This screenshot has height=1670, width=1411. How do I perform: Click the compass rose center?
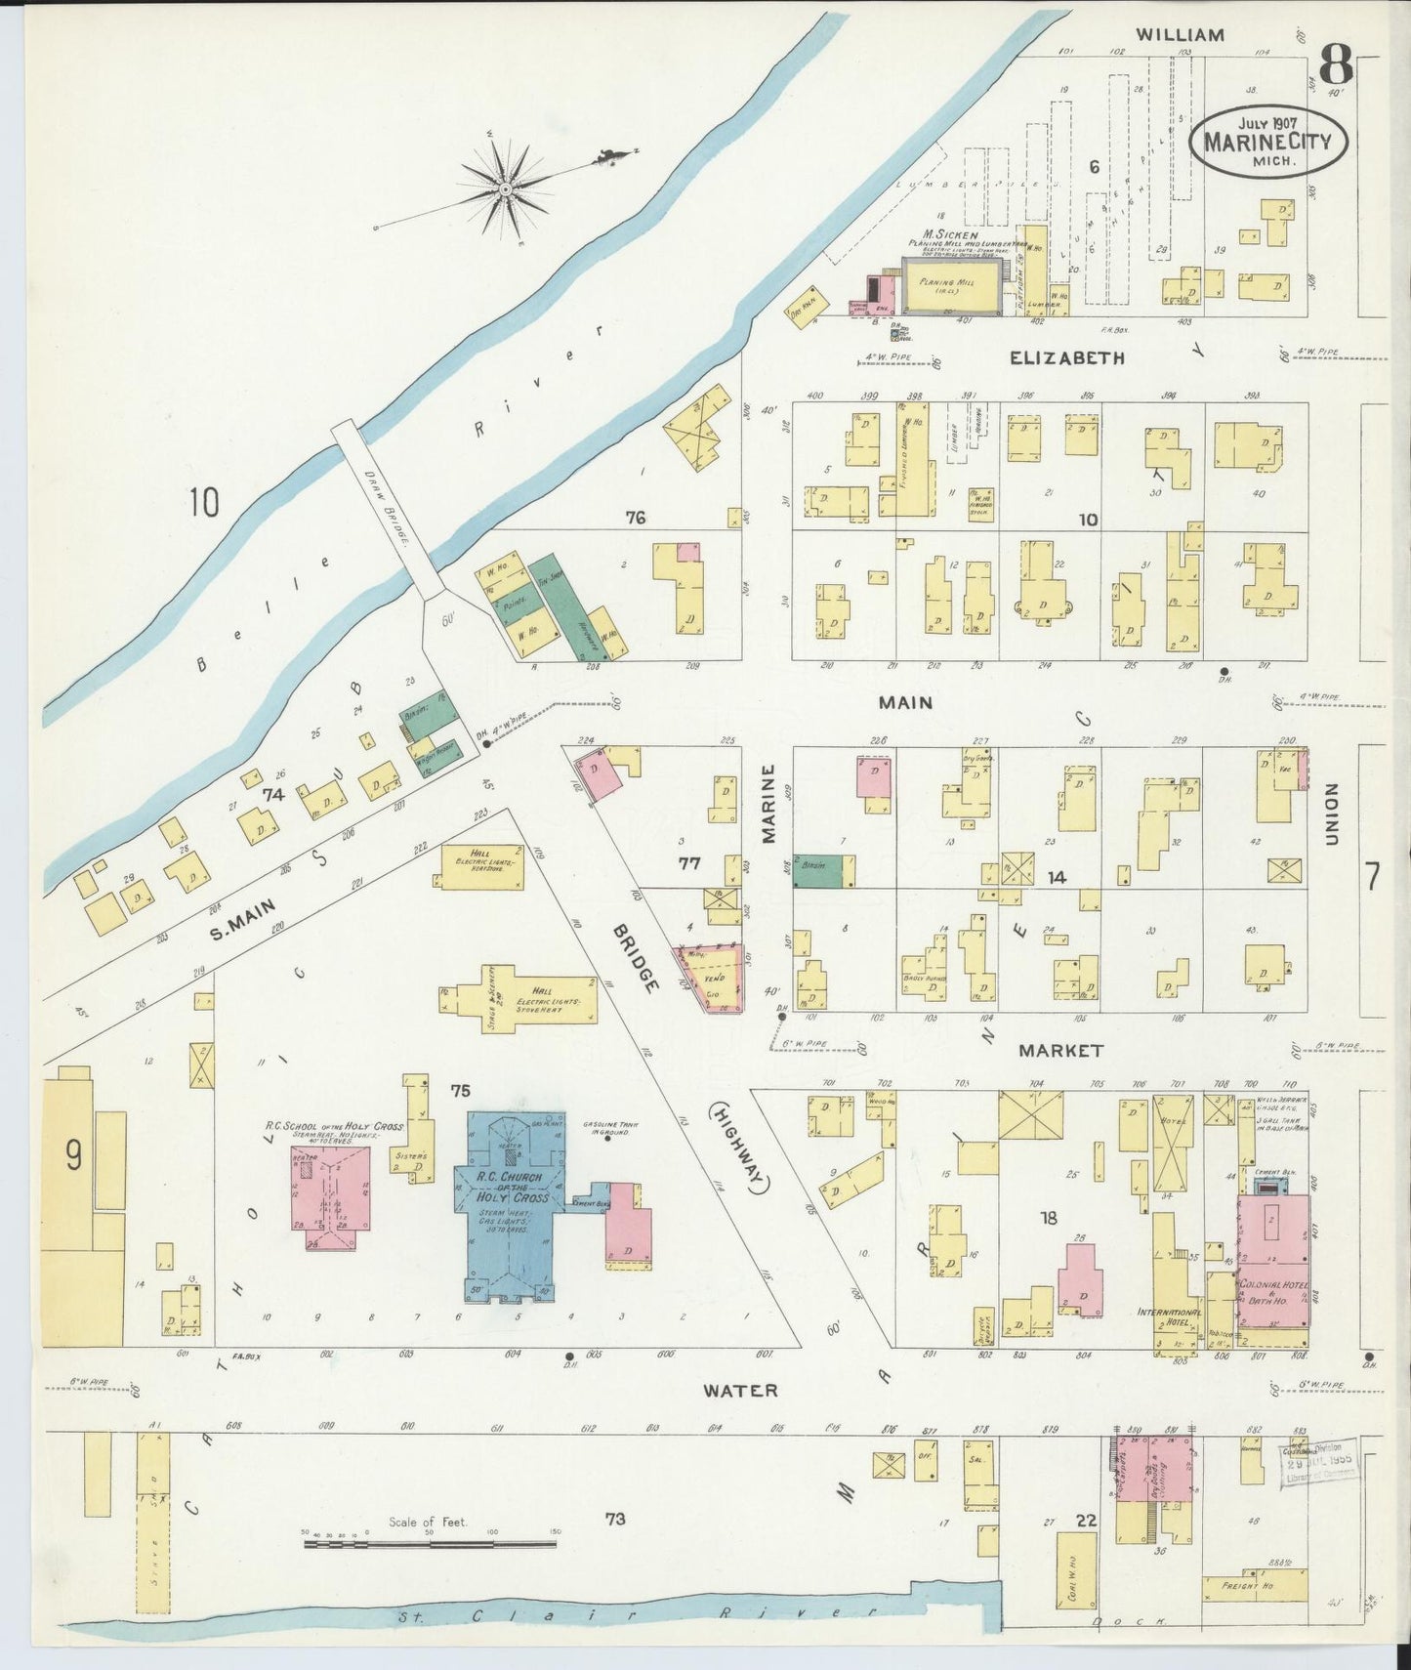click(507, 188)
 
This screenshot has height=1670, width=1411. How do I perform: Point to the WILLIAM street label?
click(1180, 35)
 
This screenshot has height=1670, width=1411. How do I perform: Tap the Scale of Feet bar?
click(430, 1545)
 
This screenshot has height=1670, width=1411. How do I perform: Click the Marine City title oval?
click(1267, 142)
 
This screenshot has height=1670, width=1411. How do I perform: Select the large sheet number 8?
click(1335, 65)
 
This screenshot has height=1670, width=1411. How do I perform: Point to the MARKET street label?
click(1060, 1051)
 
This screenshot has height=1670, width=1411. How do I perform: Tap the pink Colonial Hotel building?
click(1273, 1260)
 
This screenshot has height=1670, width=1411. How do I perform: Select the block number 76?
click(636, 518)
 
